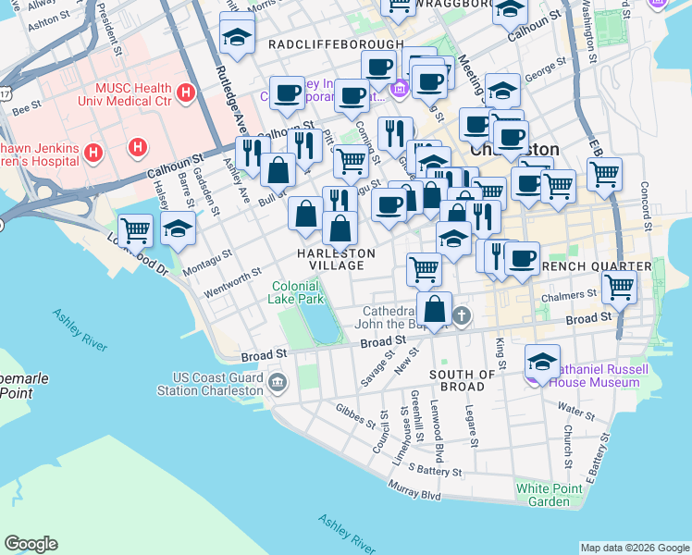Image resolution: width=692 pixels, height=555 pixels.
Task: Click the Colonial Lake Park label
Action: pos(296,293)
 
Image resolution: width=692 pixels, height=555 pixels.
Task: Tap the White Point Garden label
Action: pos(543,495)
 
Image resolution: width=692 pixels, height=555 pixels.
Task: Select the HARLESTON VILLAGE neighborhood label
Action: pos(336,259)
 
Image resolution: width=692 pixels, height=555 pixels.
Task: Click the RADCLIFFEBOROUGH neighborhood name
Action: pos(336,44)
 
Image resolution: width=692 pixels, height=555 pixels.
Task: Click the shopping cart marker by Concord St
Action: pos(604,173)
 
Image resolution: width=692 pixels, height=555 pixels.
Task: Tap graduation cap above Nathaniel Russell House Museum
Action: pos(542,360)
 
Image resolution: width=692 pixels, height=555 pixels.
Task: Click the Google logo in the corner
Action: pos(31,544)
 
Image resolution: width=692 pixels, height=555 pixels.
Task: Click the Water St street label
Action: pos(576,407)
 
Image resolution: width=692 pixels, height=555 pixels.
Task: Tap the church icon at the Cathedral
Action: pos(462,317)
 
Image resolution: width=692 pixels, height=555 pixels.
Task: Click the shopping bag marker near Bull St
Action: pos(278,170)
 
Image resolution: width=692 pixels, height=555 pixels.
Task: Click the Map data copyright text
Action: pos(634,548)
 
